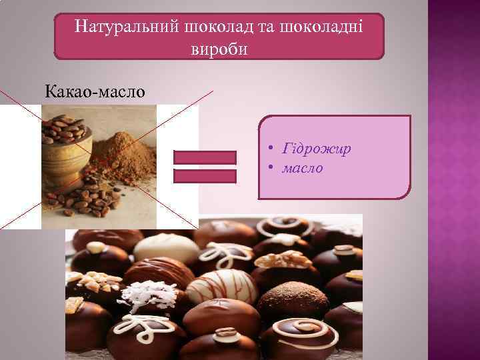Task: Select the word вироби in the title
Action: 219,49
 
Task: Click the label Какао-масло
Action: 94,91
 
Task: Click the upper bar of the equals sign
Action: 205,157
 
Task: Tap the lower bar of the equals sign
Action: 205,176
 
